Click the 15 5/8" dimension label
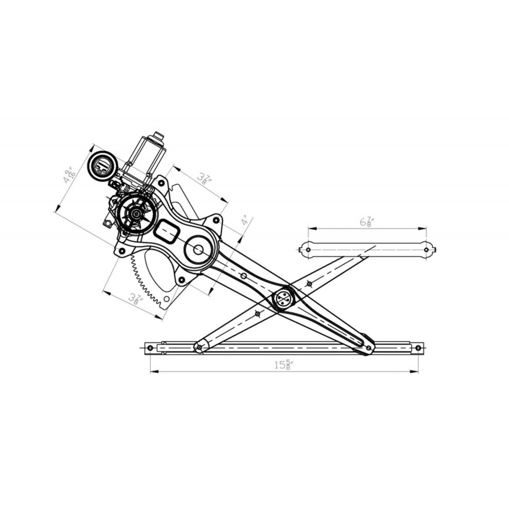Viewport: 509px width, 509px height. pos(283,365)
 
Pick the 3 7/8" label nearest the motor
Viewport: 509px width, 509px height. pos(205,178)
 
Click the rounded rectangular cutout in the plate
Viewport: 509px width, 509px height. pos(167,231)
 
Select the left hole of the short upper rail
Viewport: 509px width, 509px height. pos(308,250)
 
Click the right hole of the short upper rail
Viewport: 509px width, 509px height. pos(427,250)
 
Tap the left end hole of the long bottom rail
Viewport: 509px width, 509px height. pos(150,348)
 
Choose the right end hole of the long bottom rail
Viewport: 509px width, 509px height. pos(418,348)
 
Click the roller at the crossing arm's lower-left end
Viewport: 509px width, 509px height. pos(199,347)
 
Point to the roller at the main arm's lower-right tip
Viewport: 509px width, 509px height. pos(369,348)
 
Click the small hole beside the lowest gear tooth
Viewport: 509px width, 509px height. pos(167,299)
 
